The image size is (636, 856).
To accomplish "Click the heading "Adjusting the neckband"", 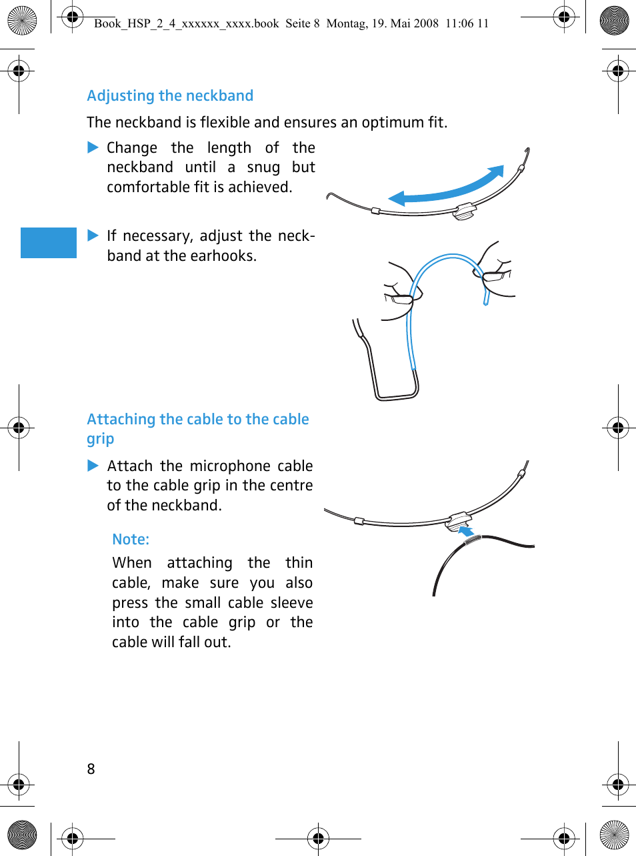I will tap(170, 96).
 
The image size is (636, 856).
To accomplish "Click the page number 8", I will tap(91, 769).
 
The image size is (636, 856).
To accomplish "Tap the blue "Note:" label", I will tap(131, 539).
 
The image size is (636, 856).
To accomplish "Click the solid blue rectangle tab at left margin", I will tap(49, 242).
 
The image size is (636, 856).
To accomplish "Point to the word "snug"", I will tap(263, 167).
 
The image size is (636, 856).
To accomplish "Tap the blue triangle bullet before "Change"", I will tap(93, 147).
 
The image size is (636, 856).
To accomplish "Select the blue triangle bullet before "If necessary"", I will tap(93, 236).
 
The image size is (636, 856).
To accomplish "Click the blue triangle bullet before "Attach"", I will tap(93, 466).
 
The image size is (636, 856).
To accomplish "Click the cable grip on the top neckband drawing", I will tap(465, 211).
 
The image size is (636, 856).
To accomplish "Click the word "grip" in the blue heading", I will tap(101, 440).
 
